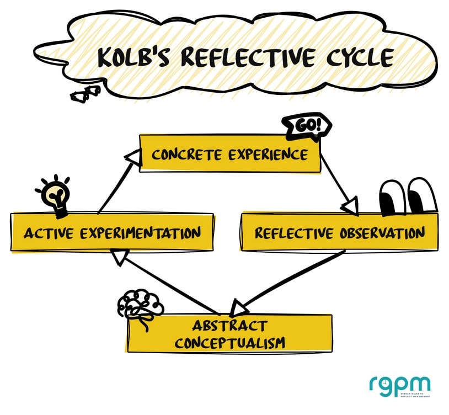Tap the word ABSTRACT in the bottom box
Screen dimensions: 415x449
tap(229, 326)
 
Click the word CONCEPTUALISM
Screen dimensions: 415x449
tap(229, 343)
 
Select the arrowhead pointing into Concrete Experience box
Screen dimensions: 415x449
tap(131, 159)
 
